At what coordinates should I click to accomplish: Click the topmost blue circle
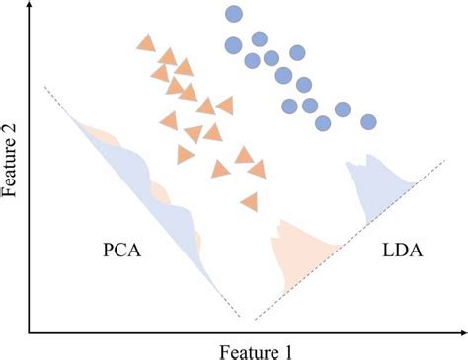click(233, 14)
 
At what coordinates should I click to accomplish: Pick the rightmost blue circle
click(368, 122)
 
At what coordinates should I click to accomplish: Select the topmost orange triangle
click(146, 42)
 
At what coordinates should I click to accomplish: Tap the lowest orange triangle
click(249, 201)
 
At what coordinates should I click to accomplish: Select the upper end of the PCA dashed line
click(44, 87)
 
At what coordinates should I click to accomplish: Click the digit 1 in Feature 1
click(286, 349)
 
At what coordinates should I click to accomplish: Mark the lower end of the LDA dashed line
click(255, 320)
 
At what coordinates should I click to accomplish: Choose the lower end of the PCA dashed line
click(240, 318)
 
